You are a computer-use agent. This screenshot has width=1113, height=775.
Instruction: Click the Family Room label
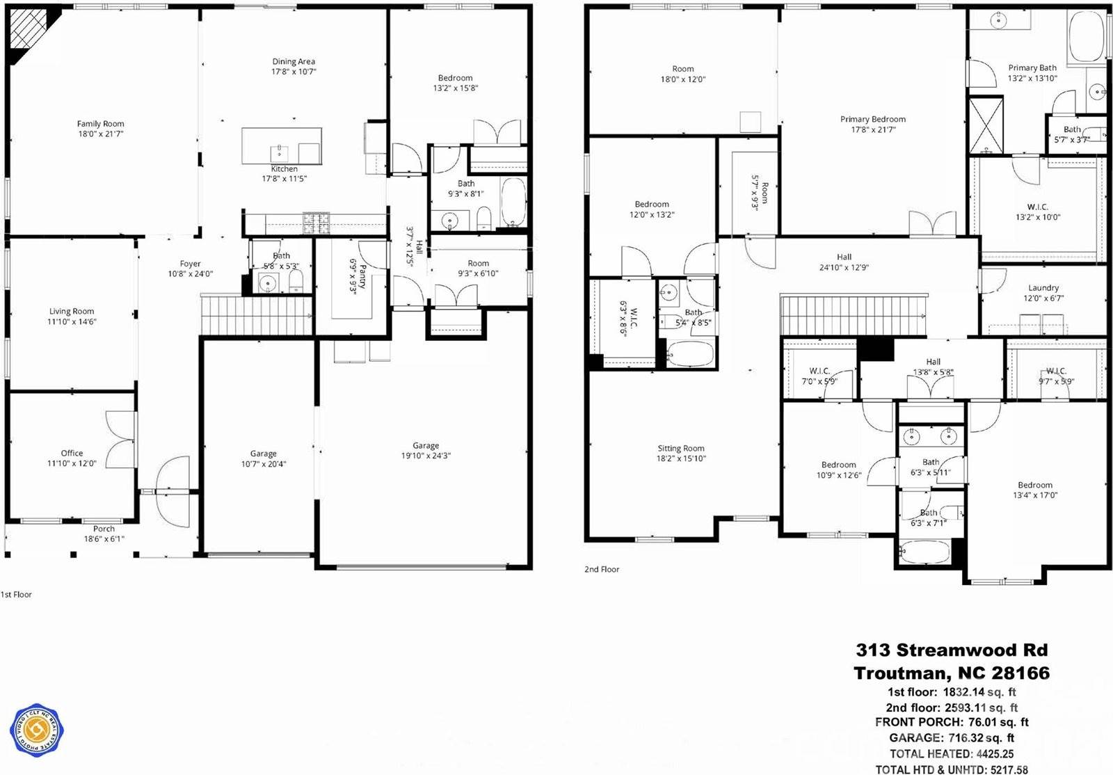click(x=100, y=124)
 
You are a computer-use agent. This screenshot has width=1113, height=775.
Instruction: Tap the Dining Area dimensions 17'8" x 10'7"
click(x=294, y=72)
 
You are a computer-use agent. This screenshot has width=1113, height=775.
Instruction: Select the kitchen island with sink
click(x=282, y=146)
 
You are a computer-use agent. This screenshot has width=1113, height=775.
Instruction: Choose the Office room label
click(x=72, y=453)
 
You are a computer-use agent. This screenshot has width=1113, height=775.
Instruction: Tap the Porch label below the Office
click(x=104, y=529)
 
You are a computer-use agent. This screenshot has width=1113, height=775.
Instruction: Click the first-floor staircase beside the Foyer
click(x=256, y=314)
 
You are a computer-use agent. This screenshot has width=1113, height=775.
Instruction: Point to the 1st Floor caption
click(x=16, y=595)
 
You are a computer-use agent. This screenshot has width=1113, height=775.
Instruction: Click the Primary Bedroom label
click(x=873, y=119)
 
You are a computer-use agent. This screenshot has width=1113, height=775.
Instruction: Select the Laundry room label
click(x=1043, y=287)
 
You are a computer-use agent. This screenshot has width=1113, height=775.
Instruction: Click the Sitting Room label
click(x=681, y=449)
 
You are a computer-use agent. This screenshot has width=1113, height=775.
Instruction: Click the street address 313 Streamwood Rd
click(x=952, y=650)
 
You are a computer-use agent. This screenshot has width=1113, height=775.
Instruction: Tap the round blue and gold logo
click(x=37, y=731)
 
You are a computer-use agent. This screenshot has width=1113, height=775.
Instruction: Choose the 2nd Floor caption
click(x=602, y=569)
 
